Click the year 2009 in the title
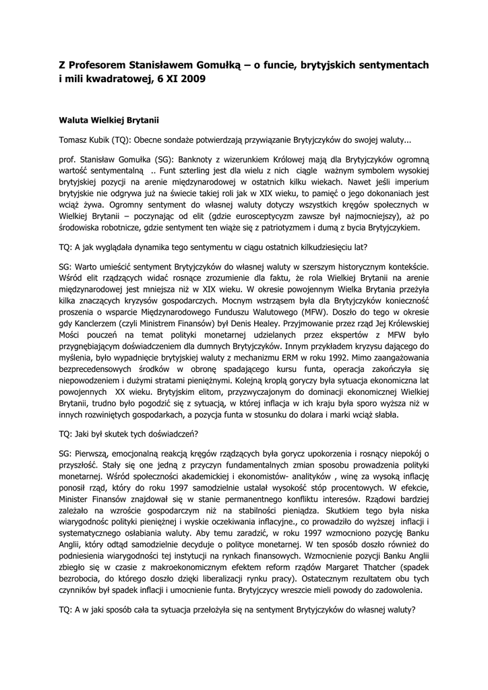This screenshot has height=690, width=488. click(x=189, y=79)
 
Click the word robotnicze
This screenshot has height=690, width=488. click(x=117, y=228)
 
